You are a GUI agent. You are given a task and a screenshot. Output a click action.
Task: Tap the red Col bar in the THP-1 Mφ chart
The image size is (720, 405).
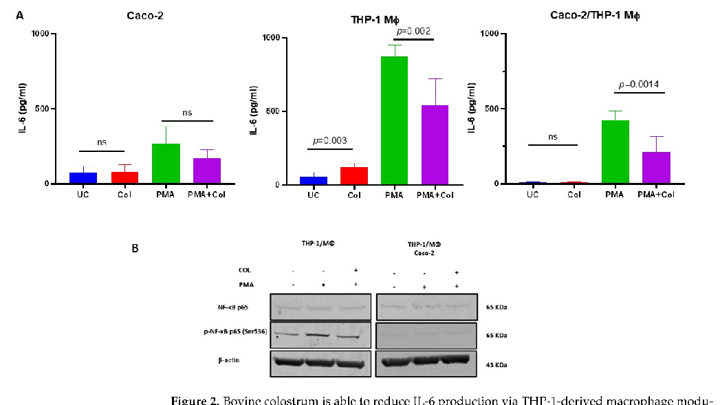tap(353, 176)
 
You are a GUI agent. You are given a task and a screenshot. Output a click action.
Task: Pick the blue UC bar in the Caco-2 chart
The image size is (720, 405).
tap(83, 178)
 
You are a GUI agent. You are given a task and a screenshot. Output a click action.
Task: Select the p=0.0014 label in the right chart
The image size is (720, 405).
tap(639, 85)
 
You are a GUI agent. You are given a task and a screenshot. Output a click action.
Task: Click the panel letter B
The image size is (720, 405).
tap(135, 247)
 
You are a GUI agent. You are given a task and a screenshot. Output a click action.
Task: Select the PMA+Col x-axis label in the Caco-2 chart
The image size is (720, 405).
tap(207, 195)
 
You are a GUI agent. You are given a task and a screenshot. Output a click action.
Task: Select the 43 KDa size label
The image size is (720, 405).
tap(497, 364)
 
